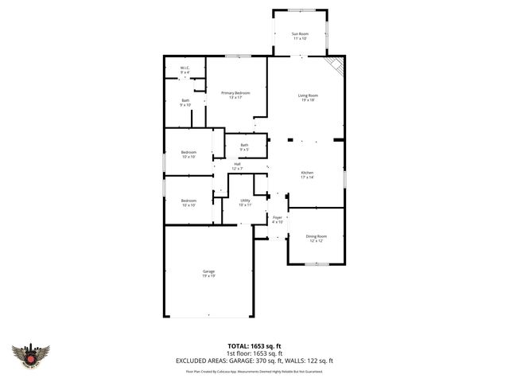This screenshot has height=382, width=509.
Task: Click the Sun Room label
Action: click(x=299, y=33)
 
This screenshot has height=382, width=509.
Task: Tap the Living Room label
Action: click(x=308, y=95)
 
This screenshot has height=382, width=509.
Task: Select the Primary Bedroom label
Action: click(x=235, y=93)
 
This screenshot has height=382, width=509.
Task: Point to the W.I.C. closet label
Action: click(x=185, y=68)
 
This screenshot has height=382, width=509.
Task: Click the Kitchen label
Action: click(x=307, y=173)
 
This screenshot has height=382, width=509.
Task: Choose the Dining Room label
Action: click(x=317, y=236)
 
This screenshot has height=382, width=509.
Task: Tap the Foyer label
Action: click(x=278, y=217)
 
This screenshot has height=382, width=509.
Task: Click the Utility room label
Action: click(x=246, y=201)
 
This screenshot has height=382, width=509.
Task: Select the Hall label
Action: click(x=237, y=164)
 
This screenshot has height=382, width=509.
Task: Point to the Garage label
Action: click(x=208, y=271)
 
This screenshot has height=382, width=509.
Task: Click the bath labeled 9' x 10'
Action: click(x=185, y=100)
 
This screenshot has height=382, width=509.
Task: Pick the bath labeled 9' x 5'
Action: click(x=244, y=145)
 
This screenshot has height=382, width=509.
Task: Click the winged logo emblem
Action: click(x=31, y=355)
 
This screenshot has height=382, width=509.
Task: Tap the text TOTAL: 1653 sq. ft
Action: click(x=254, y=346)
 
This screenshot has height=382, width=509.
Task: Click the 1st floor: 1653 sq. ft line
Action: click(x=254, y=353)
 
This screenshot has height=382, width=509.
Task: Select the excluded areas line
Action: click(x=254, y=361)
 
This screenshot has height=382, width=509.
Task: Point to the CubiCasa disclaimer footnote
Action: click(x=254, y=371)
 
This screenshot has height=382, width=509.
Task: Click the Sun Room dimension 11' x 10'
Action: click(x=299, y=38)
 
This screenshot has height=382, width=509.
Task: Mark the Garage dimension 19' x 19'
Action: click(x=208, y=276)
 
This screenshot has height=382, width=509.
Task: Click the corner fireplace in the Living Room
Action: click(x=337, y=66)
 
